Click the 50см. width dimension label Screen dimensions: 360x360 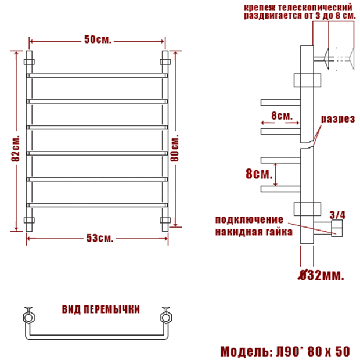coord(98,39)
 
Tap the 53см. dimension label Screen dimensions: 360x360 coord(100,238)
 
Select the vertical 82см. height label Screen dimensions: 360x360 coord(16,149)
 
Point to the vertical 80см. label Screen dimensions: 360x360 coord(175,149)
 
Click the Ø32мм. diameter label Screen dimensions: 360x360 coord(321,275)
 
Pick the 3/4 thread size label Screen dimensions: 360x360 coord(337,215)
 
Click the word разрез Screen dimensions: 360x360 coord(338,119)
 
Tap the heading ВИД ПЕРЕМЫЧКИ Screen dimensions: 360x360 coord(101,309)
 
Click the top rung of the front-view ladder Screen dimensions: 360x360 coord(97,75)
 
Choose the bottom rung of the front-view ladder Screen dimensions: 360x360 coord(97,205)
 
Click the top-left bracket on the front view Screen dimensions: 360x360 coord(29,62)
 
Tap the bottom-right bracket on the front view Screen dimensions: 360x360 coord(165,221)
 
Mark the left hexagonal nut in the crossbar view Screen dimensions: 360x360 coord(28,318)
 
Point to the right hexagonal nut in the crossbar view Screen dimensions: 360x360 coord(166,318)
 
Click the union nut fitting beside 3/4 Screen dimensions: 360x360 coord(337,228)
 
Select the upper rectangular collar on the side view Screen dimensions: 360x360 coord(307,80)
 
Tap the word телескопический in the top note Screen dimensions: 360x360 coord(315,8)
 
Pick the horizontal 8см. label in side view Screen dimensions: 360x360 coord(282,116)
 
